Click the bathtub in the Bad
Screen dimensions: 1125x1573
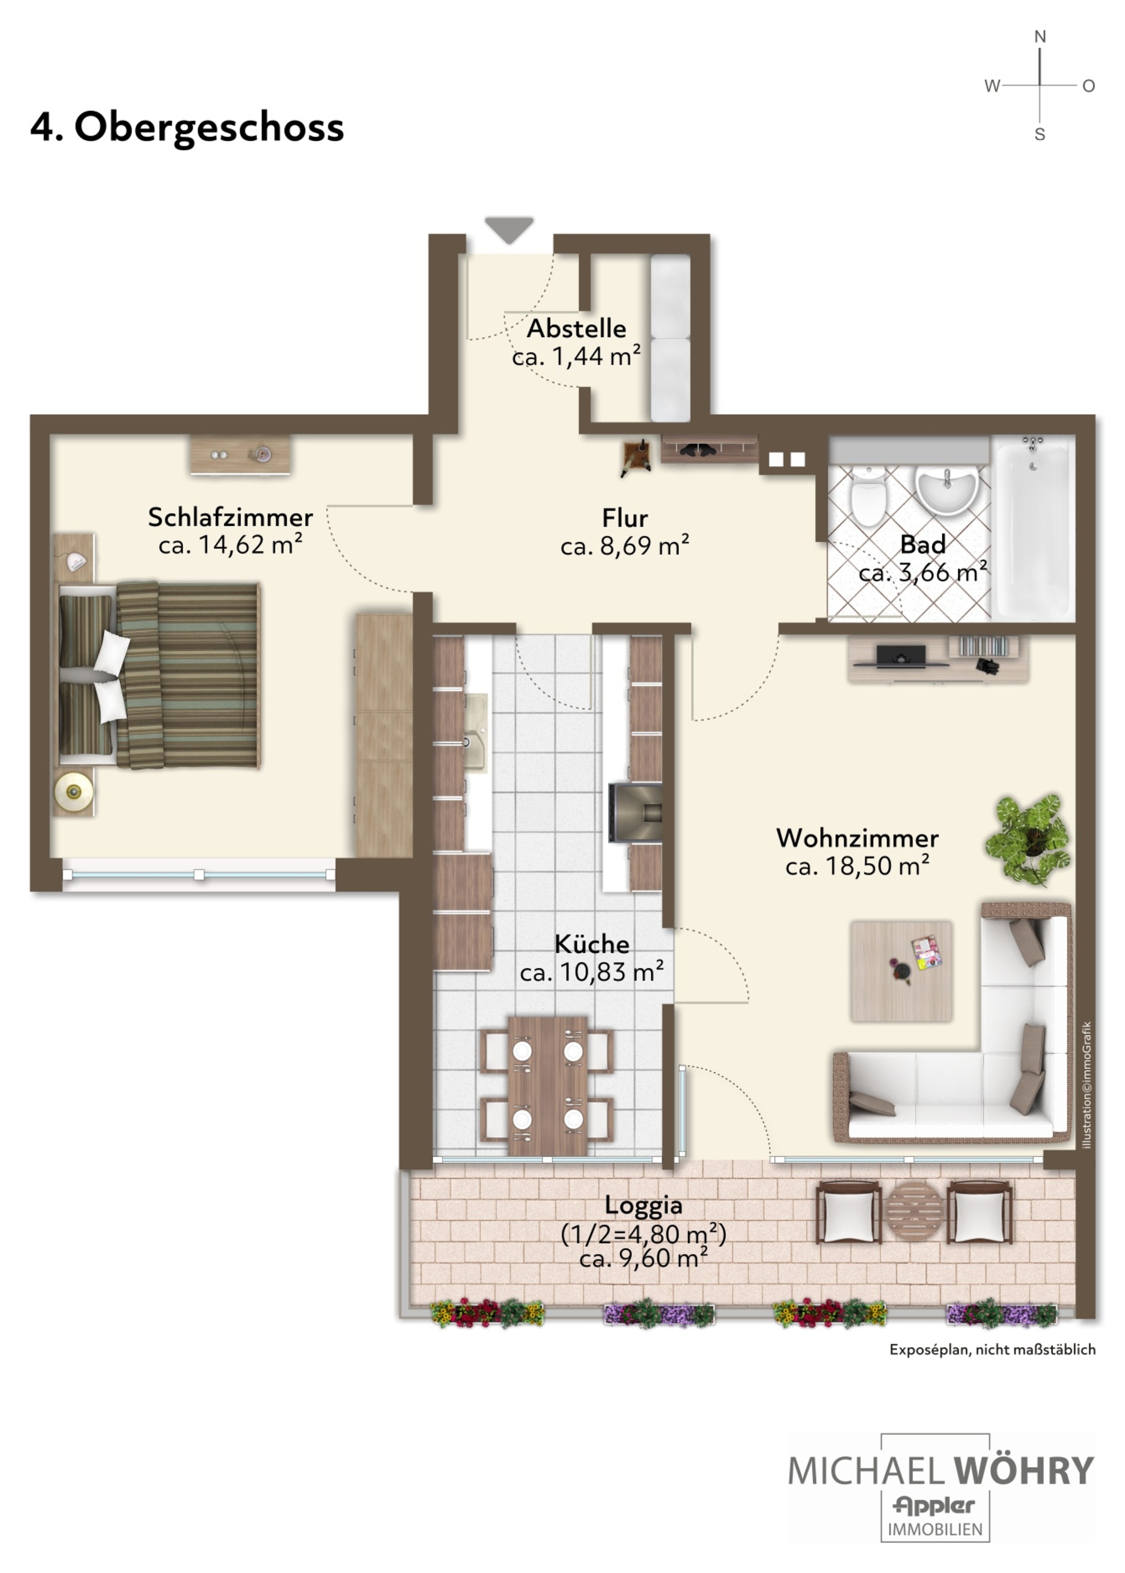click(x=1032, y=527)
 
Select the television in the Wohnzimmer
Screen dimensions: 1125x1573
click(x=900, y=656)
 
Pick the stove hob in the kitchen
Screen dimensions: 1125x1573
click(x=635, y=812)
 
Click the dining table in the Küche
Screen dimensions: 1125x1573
click(x=547, y=1085)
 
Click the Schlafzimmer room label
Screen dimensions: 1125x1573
click(x=230, y=517)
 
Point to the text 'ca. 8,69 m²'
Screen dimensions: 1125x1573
click(x=625, y=546)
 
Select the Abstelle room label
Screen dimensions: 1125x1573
click(x=577, y=328)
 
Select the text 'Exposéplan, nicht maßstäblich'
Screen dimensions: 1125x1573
click(x=993, y=1350)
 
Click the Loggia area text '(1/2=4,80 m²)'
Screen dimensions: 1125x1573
click(x=644, y=1234)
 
